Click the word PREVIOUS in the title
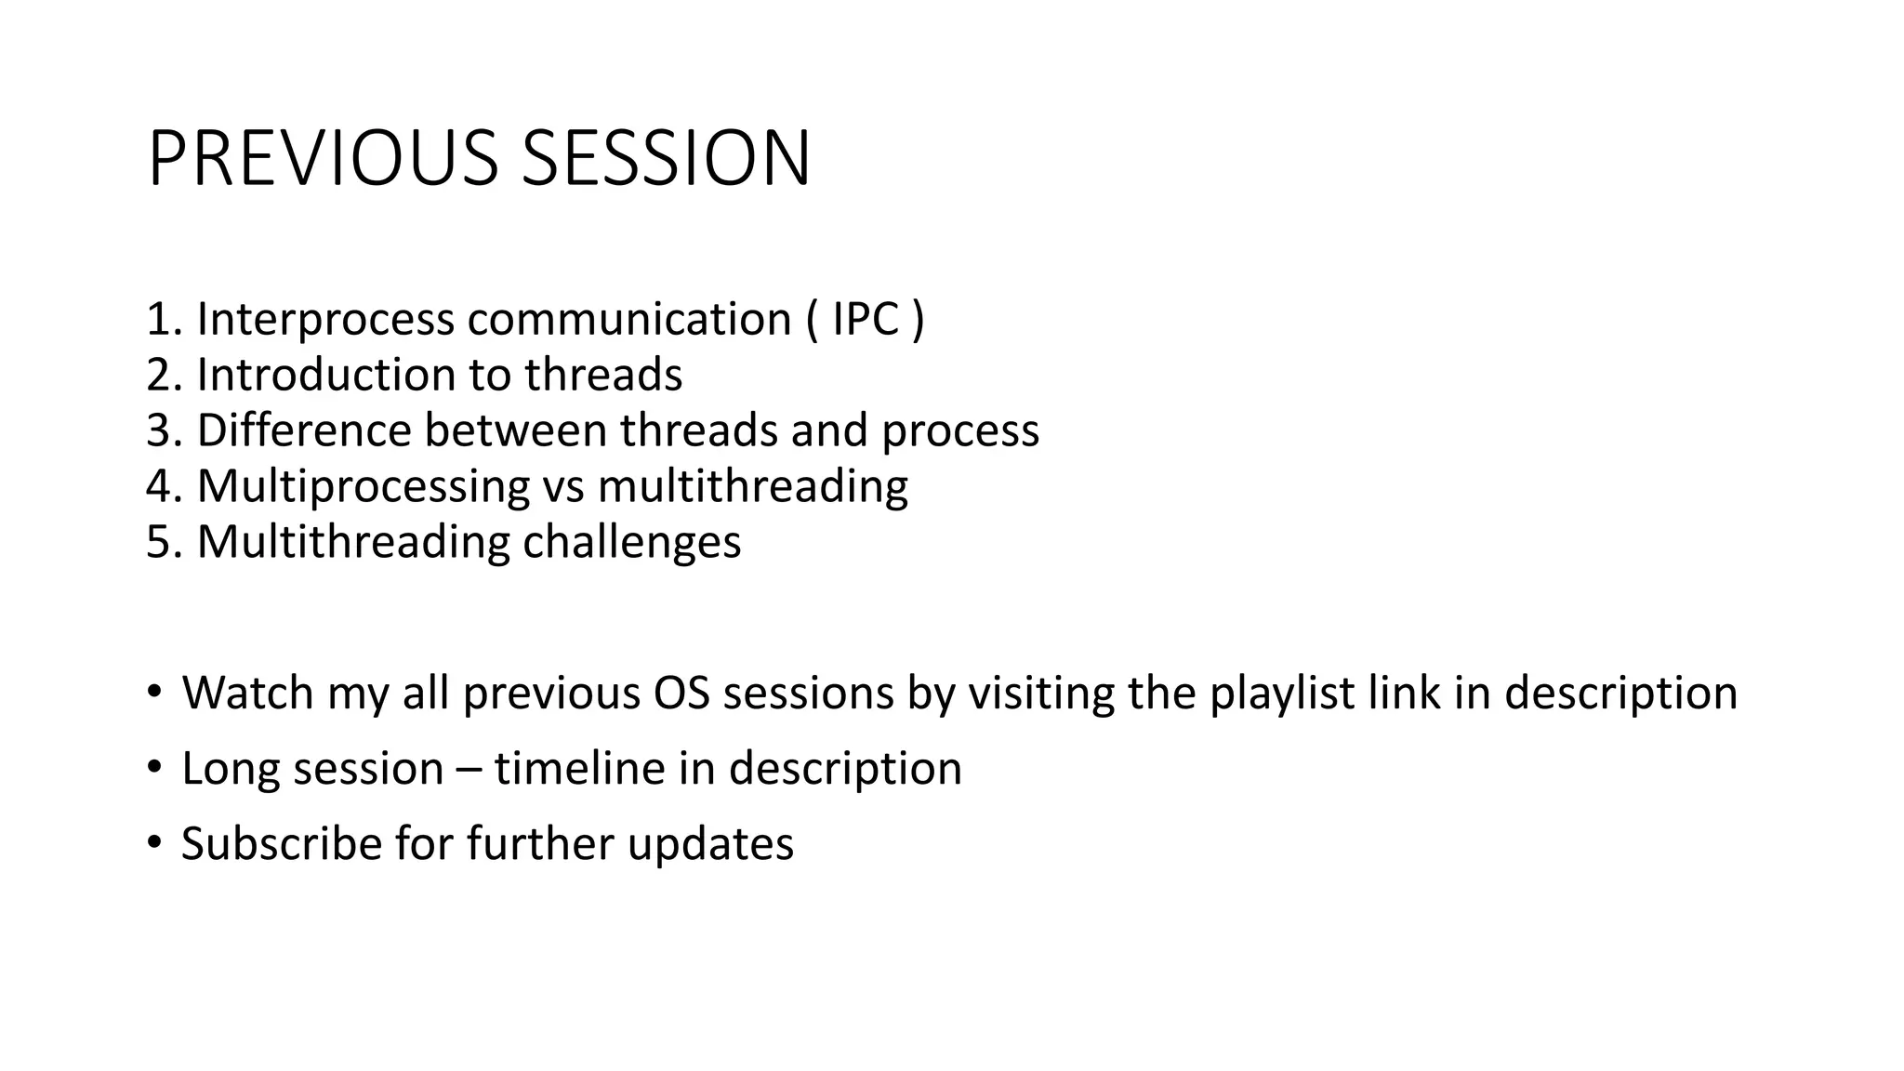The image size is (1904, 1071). click(323, 159)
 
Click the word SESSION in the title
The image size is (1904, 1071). click(666, 159)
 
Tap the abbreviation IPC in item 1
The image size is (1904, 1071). click(866, 319)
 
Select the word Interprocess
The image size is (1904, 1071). click(325, 319)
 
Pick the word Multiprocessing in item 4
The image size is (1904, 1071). click(363, 486)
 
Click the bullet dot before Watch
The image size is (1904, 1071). click(153, 693)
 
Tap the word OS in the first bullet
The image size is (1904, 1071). click(682, 693)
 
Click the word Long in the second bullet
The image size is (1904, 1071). click(219, 769)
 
